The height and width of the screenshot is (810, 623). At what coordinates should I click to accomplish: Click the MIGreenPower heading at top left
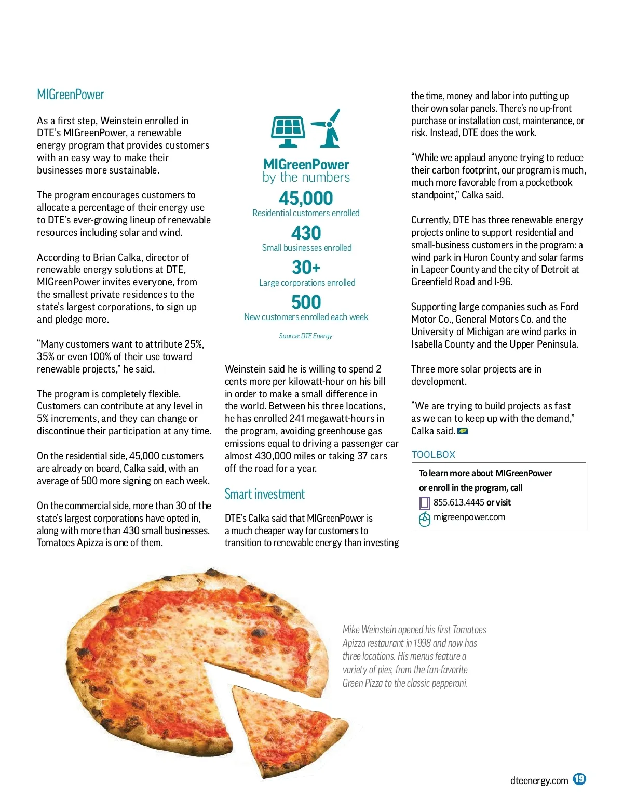[x=71, y=95]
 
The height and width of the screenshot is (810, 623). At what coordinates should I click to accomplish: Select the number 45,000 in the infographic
[x=306, y=198]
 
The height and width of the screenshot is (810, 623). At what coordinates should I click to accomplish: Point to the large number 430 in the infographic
[x=306, y=233]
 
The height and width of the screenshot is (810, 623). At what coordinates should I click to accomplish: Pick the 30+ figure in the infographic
[x=306, y=267]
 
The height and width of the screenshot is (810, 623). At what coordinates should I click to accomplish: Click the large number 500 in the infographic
[x=306, y=302]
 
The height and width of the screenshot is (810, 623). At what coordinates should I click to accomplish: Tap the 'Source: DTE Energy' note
[x=306, y=336]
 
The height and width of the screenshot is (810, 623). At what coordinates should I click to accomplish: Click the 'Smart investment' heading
[x=264, y=494]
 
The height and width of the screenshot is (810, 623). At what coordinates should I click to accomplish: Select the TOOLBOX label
[x=433, y=455]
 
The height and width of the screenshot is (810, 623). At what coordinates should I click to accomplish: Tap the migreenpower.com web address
[x=469, y=517]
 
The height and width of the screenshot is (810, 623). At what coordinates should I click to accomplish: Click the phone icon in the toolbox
[x=424, y=503]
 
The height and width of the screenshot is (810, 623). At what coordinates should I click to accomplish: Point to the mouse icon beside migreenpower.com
[x=424, y=519]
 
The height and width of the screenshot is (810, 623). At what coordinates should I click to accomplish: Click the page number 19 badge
[x=579, y=779]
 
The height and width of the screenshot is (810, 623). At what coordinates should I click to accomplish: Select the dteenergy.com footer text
[x=539, y=780]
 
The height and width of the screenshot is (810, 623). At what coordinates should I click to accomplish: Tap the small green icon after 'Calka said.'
[x=463, y=431]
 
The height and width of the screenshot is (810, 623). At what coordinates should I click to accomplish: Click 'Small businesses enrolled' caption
[x=306, y=248]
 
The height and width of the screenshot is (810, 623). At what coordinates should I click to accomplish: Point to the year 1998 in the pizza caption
[x=422, y=643]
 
